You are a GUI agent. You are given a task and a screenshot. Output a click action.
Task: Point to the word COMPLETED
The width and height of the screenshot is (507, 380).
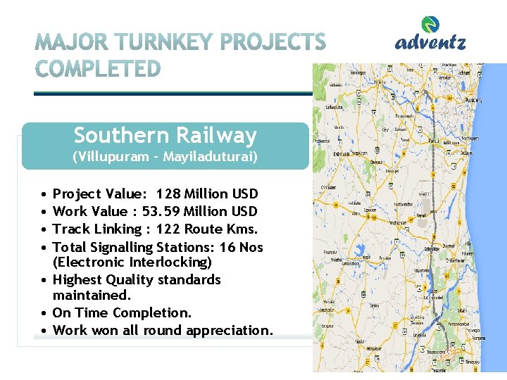click(x=98, y=70)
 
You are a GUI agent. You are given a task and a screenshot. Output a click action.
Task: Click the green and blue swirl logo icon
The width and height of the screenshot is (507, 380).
click(x=430, y=25)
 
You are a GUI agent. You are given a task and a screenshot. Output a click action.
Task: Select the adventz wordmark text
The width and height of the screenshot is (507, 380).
click(x=430, y=43)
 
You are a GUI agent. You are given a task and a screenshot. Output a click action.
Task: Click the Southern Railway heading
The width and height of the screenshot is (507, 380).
click(x=165, y=135)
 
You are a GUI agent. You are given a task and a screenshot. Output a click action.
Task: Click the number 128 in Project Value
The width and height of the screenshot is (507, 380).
click(x=169, y=194)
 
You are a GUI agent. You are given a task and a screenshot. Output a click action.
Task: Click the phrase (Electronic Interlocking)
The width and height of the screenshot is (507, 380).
click(x=132, y=262)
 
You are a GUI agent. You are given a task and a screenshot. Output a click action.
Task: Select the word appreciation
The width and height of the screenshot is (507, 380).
click(x=229, y=331)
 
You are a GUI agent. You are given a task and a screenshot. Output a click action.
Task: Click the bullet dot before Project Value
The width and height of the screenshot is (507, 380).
click(x=44, y=194)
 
